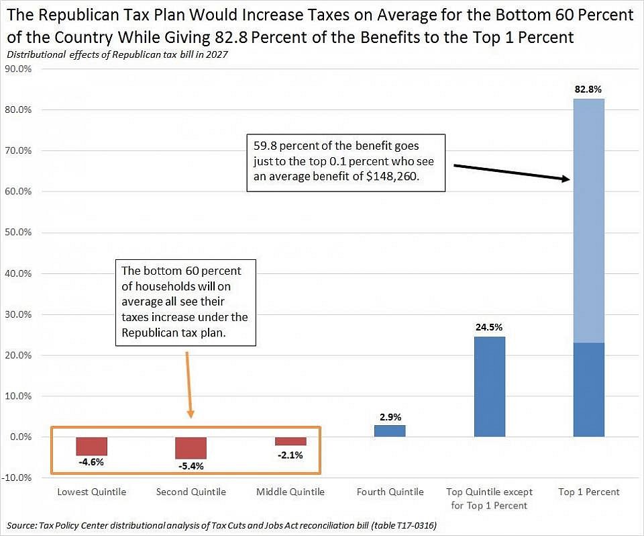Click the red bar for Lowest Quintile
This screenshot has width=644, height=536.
91,446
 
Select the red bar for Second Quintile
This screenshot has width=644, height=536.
191,447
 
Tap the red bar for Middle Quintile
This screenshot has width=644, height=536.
290,441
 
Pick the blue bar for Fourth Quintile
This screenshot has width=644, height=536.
390,431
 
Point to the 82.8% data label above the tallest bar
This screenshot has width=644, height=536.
588,89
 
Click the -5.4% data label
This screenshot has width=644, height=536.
191,465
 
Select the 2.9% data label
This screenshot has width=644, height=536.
390,417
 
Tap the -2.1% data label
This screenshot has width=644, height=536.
290,455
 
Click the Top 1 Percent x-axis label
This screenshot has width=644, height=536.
589,492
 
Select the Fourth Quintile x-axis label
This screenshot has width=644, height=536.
390,492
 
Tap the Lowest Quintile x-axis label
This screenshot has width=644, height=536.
91,492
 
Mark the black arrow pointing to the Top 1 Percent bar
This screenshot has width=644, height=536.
510,172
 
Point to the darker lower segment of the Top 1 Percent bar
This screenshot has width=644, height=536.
589,390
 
